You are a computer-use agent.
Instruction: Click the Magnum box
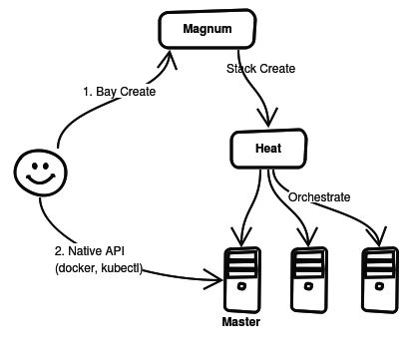click(x=206, y=29)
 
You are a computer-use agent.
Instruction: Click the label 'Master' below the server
click(x=240, y=324)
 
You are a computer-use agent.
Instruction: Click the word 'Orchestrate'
click(x=318, y=196)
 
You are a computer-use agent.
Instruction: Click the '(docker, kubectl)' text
click(x=100, y=269)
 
